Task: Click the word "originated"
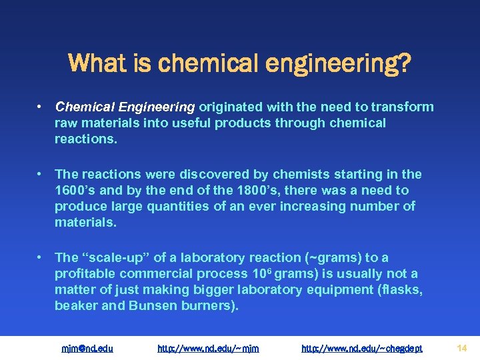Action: tap(231, 107)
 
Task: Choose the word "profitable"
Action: tap(85, 273)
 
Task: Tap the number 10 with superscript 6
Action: tap(258, 273)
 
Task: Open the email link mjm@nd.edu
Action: tap(87, 348)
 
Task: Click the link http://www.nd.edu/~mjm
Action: tap(208, 348)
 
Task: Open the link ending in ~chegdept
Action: tap(362, 348)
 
